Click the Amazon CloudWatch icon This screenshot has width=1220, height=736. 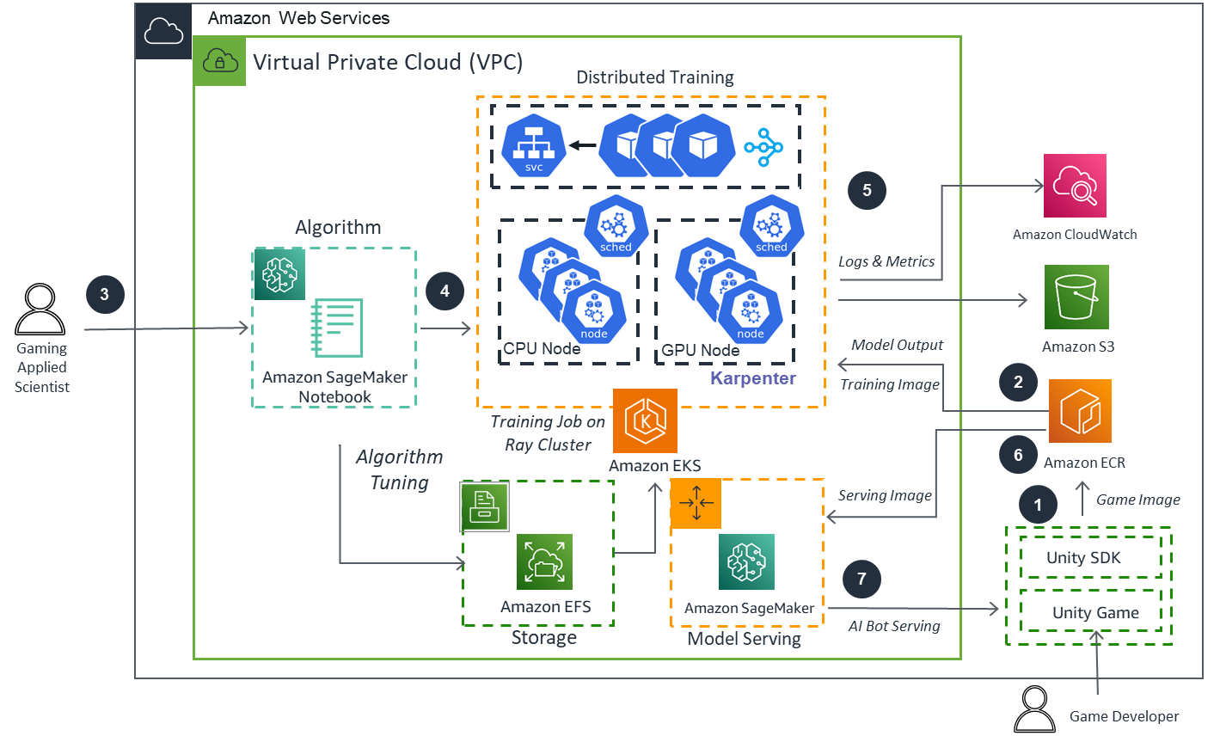(x=1075, y=186)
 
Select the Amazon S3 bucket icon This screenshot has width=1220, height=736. (x=1076, y=297)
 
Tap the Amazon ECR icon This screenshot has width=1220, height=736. (x=1080, y=411)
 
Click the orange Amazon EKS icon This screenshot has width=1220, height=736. (x=645, y=420)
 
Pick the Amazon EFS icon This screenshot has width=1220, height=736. (x=544, y=562)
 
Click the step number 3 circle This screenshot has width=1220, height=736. (x=104, y=294)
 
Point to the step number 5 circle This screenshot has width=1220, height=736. (x=867, y=190)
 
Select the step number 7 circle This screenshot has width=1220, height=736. (x=861, y=579)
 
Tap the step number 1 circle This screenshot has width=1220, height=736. (x=1038, y=505)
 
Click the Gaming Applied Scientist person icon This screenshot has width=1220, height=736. (x=40, y=310)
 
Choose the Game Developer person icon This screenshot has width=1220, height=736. (x=1034, y=709)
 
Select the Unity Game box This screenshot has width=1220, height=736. (x=1090, y=612)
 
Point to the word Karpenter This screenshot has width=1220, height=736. (x=753, y=378)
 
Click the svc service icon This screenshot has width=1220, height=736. (x=534, y=146)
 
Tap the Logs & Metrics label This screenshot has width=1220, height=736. (x=886, y=261)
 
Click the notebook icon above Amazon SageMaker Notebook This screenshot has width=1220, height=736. (x=337, y=328)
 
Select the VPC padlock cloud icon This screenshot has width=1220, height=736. (x=220, y=61)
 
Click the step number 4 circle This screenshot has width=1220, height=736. (x=444, y=291)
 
